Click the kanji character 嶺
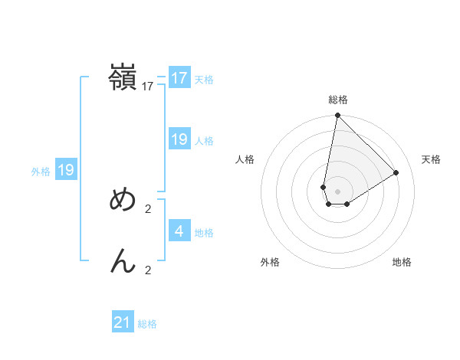click(x=123, y=77)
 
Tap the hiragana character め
click(x=123, y=200)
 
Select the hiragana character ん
click(x=123, y=261)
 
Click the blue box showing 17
click(x=179, y=77)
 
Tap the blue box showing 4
click(x=179, y=231)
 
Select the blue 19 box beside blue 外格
click(x=66, y=170)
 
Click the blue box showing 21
click(x=123, y=322)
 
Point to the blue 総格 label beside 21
click(x=148, y=324)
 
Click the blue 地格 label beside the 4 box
click(x=204, y=232)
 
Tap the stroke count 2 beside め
click(x=148, y=208)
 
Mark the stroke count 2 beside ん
click(x=148, y=270)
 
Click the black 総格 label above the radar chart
click(x=338, y=100)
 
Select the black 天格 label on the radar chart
click(x=432, y=159)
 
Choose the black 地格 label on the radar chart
click(x=402, y=262)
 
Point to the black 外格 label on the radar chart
click(x=270, y=262)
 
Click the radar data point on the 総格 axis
click(x=337, y=116)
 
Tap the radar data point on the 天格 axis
click(x=396, y=172)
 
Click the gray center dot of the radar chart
click(x=337, y=191)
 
